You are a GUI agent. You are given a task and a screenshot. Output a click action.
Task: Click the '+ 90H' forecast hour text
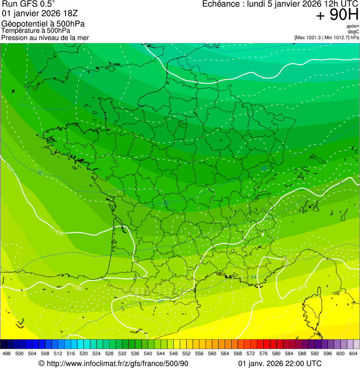point(337,15)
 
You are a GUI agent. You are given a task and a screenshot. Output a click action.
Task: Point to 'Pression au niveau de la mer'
point(45,37)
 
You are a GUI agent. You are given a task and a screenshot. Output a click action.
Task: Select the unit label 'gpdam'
point(353,26)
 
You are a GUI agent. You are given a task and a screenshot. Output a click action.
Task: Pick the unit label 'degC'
point(354,31)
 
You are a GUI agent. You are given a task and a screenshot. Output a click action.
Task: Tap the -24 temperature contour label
point(253,278)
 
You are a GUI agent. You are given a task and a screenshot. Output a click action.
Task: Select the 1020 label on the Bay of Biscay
point(58,232)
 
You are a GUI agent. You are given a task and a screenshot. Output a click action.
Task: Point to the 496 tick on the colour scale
point(7,353)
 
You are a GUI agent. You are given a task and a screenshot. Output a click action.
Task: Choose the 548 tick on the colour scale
point(173,353)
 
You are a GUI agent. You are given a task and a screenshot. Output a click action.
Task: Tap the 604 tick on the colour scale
point(353,353)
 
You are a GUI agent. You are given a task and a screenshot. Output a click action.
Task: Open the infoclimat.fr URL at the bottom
point(113,363)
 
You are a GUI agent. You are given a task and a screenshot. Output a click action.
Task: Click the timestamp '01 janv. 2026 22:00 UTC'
point(280,363)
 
